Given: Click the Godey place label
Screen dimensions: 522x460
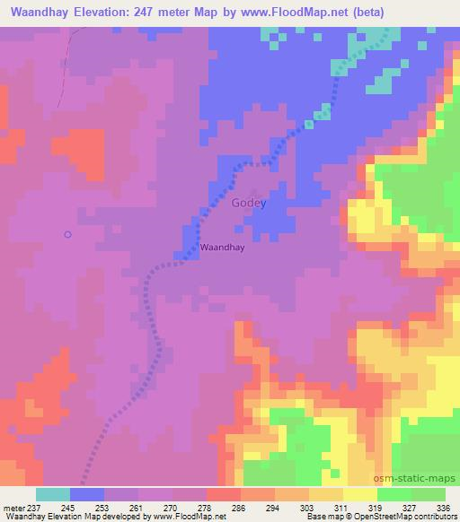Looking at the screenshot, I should coord(249,203).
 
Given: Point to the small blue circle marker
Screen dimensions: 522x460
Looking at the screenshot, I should coord(67,235).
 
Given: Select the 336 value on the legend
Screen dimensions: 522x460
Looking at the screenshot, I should coord(441,507).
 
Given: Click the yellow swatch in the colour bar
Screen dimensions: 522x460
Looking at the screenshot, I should coord(359,494).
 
